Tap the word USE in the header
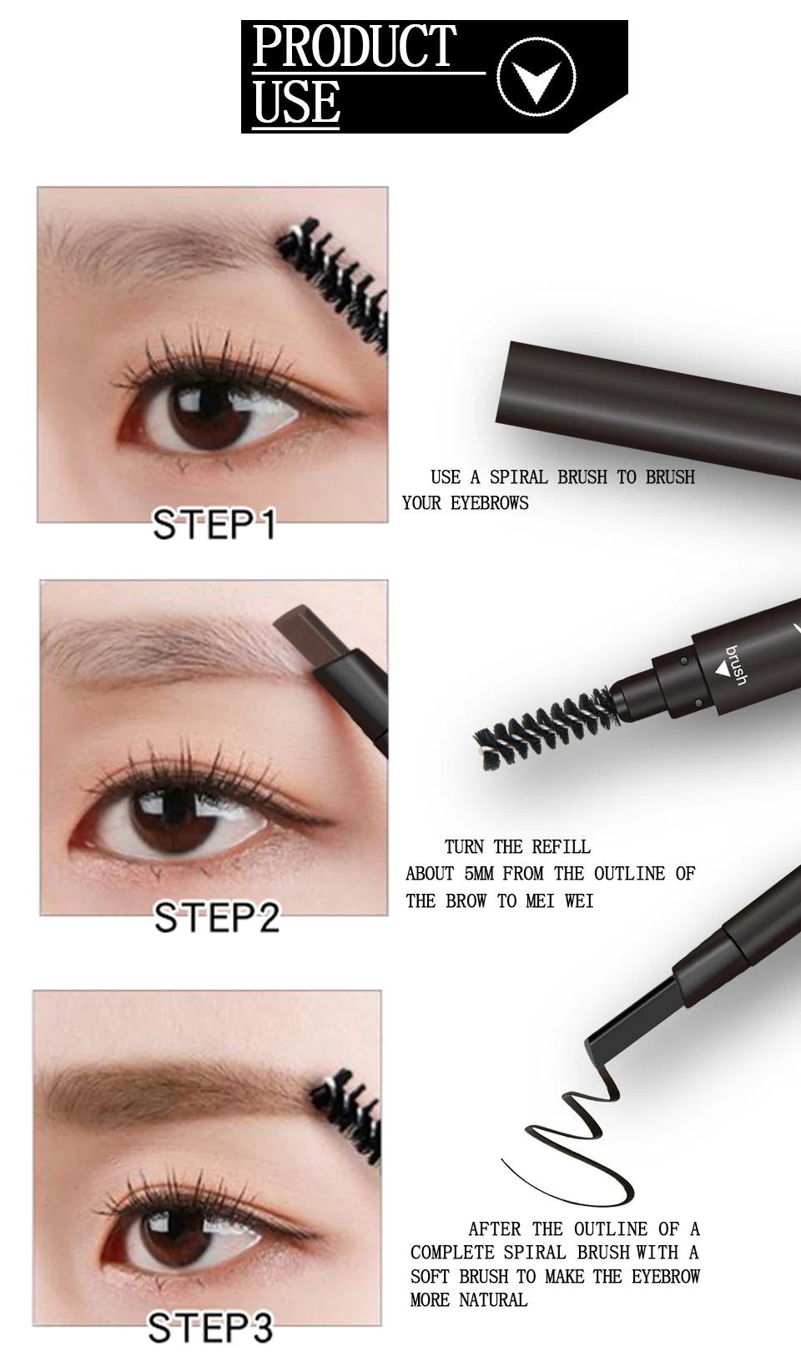(x=295, y=100)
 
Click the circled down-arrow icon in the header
(x=537, y=78)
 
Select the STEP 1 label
(x=214, y=524)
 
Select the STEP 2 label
(x=217, y=917)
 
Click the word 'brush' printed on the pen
(x=735, y=665)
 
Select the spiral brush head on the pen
(x=545, y=728)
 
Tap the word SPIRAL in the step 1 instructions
(x=518, y=477)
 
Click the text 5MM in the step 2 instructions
(x=476, y=874)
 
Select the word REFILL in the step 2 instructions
(x=561, y=847)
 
